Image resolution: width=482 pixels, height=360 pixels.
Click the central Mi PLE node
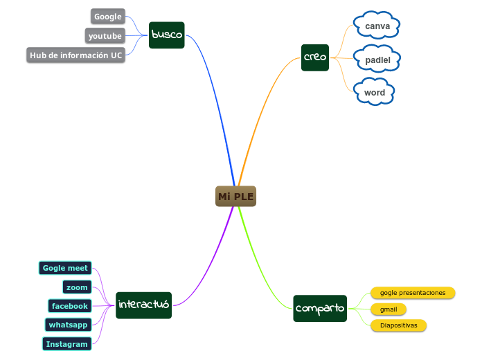point(235,197)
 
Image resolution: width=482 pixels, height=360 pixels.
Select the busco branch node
point(166,35)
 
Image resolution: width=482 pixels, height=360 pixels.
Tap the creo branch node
point(315,57)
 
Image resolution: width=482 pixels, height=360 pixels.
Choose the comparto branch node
point(319,308)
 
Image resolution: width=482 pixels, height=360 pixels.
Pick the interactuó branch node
point(143,305)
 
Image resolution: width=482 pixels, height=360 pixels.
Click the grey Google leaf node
point(107,17)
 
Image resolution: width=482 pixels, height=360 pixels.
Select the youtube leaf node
point(105,36)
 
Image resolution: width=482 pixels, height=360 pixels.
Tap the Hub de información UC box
point(75,55)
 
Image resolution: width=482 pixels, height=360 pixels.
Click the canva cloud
point(377,26)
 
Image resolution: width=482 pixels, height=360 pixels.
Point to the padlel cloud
point(377,60)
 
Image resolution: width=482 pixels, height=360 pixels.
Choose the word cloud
point(374,92)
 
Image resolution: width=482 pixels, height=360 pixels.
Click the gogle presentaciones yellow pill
point(412,293)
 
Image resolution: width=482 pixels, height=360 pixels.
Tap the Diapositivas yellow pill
point(398,325)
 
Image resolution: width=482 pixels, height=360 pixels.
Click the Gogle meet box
point(65,268)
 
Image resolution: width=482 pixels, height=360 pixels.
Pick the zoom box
point(77,287)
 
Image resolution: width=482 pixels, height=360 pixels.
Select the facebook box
point(69,305)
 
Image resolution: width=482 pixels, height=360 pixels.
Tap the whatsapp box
point(68,324)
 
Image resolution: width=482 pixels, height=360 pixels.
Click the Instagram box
point(66,343)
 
